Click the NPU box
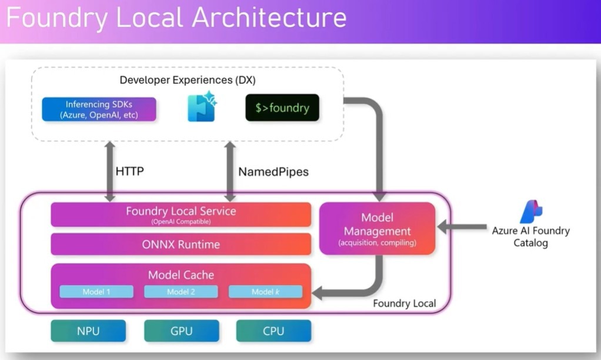coord(88,331)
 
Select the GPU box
coord(181,331)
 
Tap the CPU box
coord(273,331)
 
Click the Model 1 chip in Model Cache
coord(96,292)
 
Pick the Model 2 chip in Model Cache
coord(181,292)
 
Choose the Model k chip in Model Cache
coord(265,292)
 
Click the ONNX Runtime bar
coord(181,244)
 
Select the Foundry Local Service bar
coord(181,214)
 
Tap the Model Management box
coord(377,228)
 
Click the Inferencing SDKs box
coord(99,109)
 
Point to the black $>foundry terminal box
coord(282,108)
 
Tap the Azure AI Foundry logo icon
coord(531,212)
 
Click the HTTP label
coord(130,172)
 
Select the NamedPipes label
coord(273,172)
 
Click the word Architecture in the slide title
coord(269,18)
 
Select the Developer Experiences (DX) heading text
coord(188,80)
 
